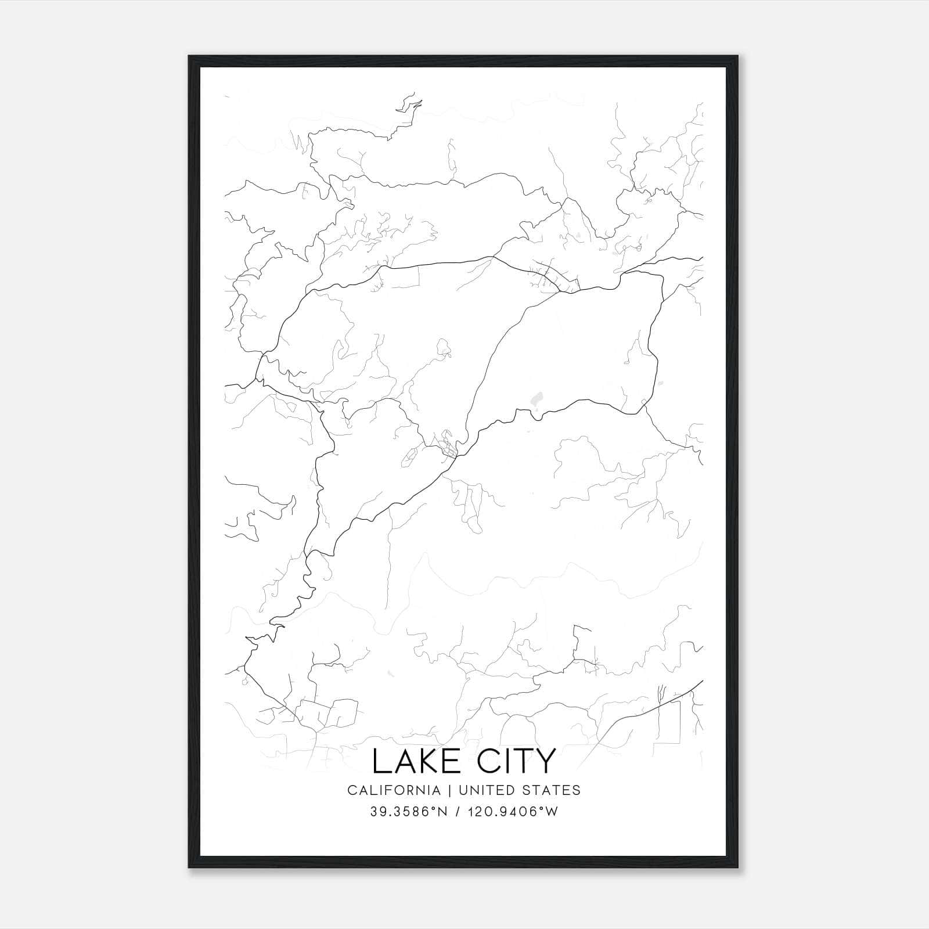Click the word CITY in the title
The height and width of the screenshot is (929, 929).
click(x=513, y=761)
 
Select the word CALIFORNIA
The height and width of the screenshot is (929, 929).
click(x=394, y=790)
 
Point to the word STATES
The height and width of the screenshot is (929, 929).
click(x=552, y=790)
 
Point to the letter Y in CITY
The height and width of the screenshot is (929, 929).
click(x=545, y=761)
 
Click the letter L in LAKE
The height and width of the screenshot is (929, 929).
click(x=381, y=761)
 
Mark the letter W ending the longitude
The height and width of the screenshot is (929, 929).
click(x=552, y=812)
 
